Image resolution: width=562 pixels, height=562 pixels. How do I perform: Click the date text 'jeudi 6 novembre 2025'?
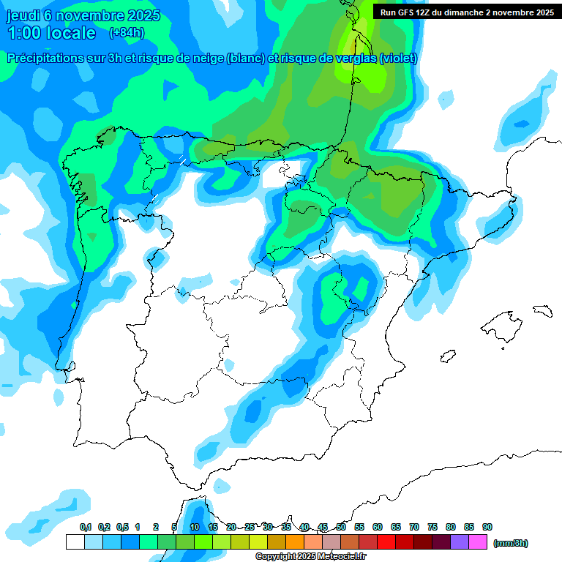[83, 15]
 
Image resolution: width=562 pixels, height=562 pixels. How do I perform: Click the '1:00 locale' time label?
[51, 33]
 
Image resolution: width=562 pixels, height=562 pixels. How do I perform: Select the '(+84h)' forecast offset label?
[127, 32]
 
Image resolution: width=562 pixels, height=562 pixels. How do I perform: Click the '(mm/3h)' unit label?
[511, 543]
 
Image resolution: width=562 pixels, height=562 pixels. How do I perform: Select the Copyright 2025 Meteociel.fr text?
[310, 557]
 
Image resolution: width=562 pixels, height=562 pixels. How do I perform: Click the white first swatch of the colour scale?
[75, 542]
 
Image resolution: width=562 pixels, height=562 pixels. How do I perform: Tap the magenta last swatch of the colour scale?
[479, 542]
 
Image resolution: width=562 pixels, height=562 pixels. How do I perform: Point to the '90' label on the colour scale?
[487, 527]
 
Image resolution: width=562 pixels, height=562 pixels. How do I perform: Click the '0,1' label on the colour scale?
[86, 527]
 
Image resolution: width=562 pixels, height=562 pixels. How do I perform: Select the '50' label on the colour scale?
[341, 527]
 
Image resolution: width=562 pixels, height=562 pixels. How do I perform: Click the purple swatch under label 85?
[460, 542]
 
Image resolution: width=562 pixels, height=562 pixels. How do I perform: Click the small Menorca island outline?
[542, 310]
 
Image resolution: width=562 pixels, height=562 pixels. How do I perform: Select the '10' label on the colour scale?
[195, 527]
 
